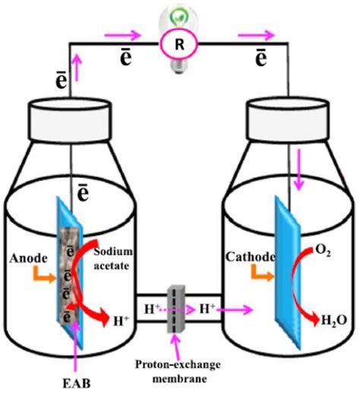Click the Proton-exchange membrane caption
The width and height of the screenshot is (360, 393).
coord(182,363)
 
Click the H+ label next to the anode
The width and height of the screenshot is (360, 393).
coord(121,322)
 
